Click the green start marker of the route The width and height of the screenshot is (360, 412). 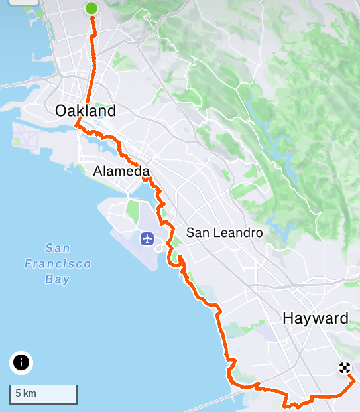(91, 9)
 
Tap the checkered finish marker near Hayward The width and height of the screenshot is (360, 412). (344, 368)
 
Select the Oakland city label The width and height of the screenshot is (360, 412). (86, 111)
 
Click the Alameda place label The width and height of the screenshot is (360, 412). (121, 172)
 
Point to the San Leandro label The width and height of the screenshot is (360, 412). (224, 233)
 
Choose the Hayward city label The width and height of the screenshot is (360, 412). (315, 318)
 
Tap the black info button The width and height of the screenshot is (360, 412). (21, 363)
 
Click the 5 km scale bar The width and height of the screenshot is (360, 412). (44, 394)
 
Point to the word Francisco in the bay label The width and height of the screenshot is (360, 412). (58, 264)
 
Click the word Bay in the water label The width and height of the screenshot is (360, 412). (58, 279)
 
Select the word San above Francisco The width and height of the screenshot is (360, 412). (58, 249)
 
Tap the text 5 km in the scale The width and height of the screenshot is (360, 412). (25, 393)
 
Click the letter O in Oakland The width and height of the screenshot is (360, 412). (61, 111)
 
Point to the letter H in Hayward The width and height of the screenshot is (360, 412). (288, 318)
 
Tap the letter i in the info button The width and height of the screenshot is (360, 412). (21, 363)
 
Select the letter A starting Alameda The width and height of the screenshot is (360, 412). (98, 172)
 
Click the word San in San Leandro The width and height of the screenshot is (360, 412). (197, 233)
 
